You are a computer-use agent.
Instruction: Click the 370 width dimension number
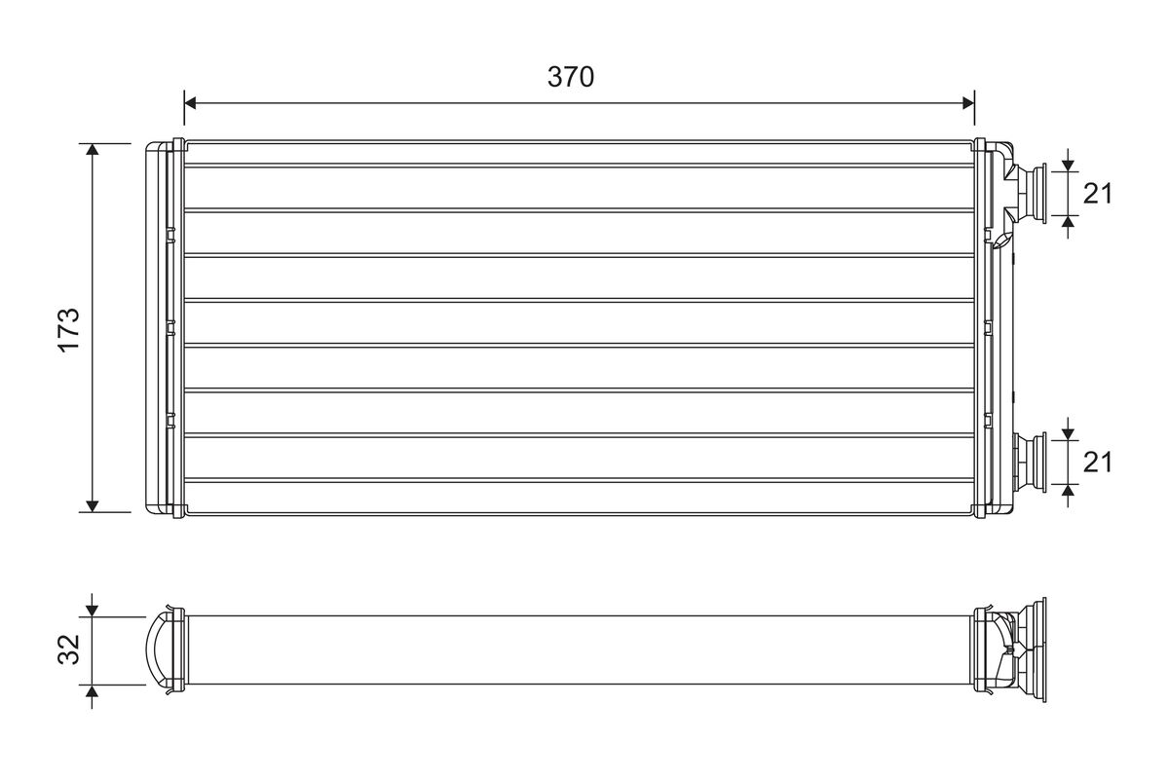(x=570, y=78)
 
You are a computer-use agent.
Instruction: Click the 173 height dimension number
(x=68, y=328)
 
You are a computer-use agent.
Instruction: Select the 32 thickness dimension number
(x=68, y=650)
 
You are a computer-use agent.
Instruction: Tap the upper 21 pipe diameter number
(x=1098, y=194)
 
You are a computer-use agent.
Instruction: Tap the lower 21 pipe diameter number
(x=1098, y=462)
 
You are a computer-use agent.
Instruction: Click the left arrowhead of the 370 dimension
(x=191, y=102)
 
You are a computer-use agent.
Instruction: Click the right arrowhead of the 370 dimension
(x=967, y=102)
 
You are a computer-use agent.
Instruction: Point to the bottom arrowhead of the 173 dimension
(x=93, y=504)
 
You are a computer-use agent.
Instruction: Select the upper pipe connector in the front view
(x=1028, y=192)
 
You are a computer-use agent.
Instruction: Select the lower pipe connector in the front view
(x=1028, y=462)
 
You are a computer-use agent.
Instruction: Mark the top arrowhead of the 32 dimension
(x=93, y=610)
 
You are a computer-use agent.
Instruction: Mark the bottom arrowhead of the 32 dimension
(x=93, y=691)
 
